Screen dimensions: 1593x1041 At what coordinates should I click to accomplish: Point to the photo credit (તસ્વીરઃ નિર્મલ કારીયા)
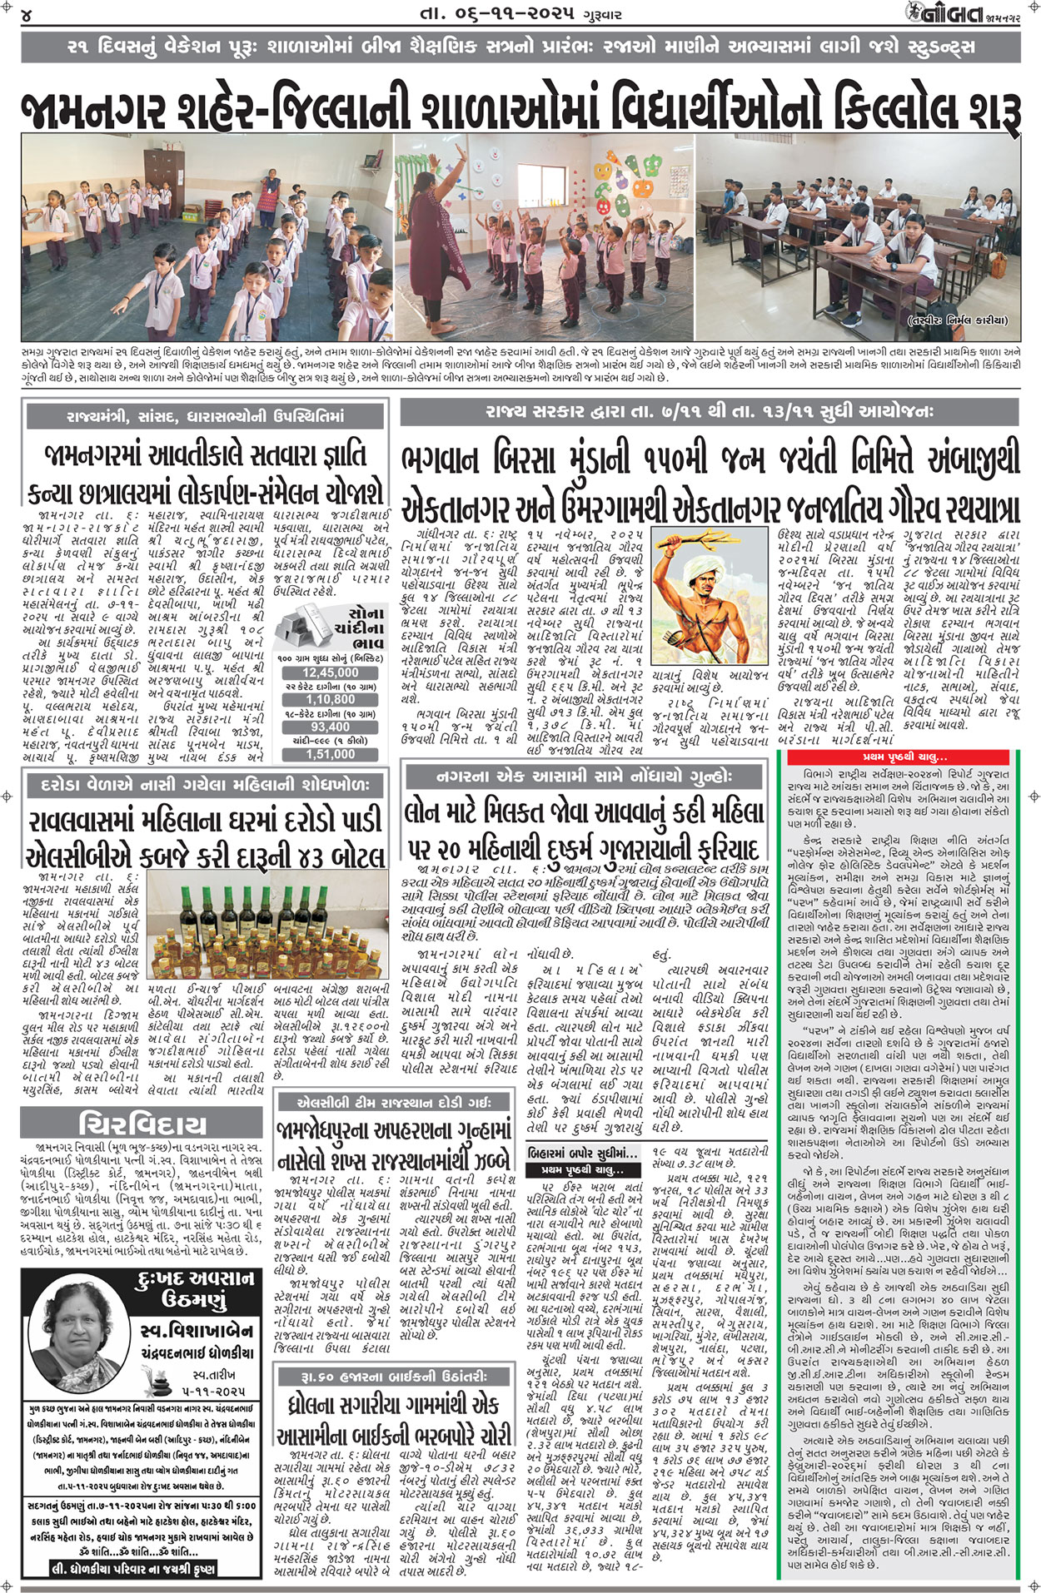click(x=957, y=320)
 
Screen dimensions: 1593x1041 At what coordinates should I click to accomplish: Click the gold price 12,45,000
click(x=330, y=696)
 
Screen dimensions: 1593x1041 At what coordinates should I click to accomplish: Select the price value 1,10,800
click(x=330, y=723)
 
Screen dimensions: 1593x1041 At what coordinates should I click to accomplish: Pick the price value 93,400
click(x=330, y=751)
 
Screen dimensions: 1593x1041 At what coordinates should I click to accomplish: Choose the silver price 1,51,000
click(x=330, y=777)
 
